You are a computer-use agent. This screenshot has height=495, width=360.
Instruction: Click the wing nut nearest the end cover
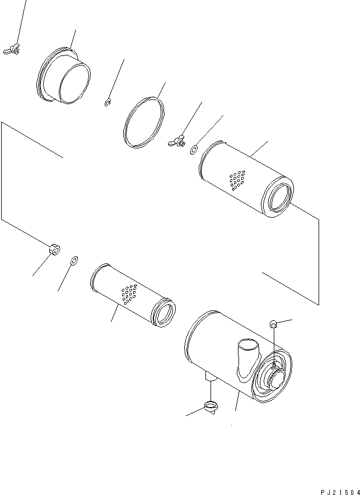[15, 50]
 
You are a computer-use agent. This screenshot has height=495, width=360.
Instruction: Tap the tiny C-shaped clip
[107, 101]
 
